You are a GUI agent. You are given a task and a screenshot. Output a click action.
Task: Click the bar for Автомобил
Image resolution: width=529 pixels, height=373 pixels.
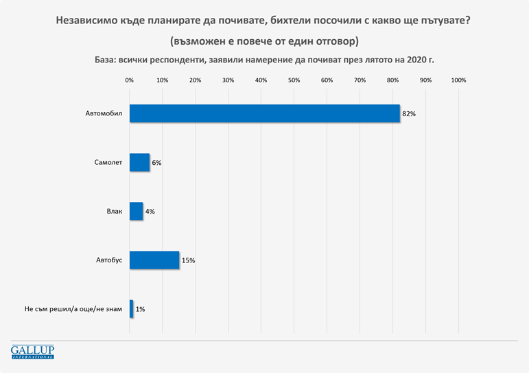coord(264,113)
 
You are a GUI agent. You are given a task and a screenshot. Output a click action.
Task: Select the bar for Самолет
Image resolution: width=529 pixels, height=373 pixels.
coord(139,162)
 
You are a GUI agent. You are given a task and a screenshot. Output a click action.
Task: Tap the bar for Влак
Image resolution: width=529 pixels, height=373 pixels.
coord(136,211)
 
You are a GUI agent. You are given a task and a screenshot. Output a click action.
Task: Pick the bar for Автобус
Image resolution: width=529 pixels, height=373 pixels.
coord(154,260)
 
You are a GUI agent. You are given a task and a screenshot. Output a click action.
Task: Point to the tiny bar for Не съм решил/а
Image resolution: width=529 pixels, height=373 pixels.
coord(131,309)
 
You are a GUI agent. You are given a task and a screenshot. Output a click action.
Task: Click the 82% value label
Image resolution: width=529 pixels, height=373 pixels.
coord(410,114)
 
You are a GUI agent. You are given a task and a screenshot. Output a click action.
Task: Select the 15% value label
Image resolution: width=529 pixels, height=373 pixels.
coord(189,260)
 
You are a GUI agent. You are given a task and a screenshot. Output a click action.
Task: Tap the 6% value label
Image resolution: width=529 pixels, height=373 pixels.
coord(156,163)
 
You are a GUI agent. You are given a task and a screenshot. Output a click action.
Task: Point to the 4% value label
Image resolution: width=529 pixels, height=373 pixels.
coord(150,212)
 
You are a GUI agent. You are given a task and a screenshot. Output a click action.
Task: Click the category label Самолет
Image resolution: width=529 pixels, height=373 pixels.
coord(108,162)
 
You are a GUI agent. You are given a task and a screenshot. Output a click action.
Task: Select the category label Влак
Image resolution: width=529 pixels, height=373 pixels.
coord(114,211)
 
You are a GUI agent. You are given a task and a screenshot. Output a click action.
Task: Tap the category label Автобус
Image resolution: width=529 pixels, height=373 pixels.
coord(108,260)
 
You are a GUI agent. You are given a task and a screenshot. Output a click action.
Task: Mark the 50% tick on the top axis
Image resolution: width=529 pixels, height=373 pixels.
coord(294,80)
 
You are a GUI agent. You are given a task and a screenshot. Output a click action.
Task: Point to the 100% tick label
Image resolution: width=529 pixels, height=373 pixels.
coord(458,80)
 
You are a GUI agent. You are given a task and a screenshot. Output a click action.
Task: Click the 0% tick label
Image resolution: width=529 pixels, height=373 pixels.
coord(130,80)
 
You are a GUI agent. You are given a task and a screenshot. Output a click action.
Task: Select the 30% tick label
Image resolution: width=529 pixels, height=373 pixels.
coord(228,80)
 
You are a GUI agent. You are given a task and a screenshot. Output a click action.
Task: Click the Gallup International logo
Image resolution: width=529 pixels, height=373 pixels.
coord(32,352)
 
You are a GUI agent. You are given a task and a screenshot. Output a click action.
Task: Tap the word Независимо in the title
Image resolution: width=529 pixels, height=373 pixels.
coord(84,21)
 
